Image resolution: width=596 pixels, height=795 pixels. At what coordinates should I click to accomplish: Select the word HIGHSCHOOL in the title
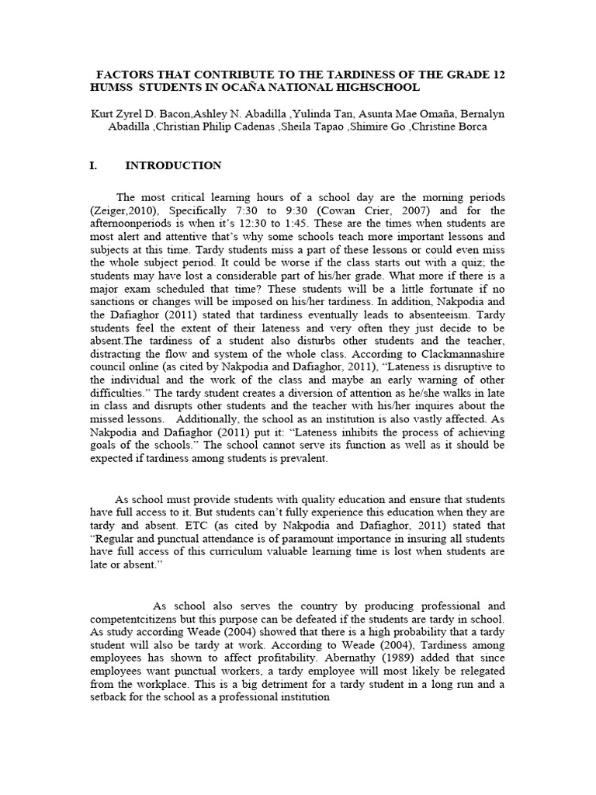click(x=383, y=89)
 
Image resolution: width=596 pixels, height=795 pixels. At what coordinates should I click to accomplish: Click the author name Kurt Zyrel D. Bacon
click(x=140, y=114)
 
